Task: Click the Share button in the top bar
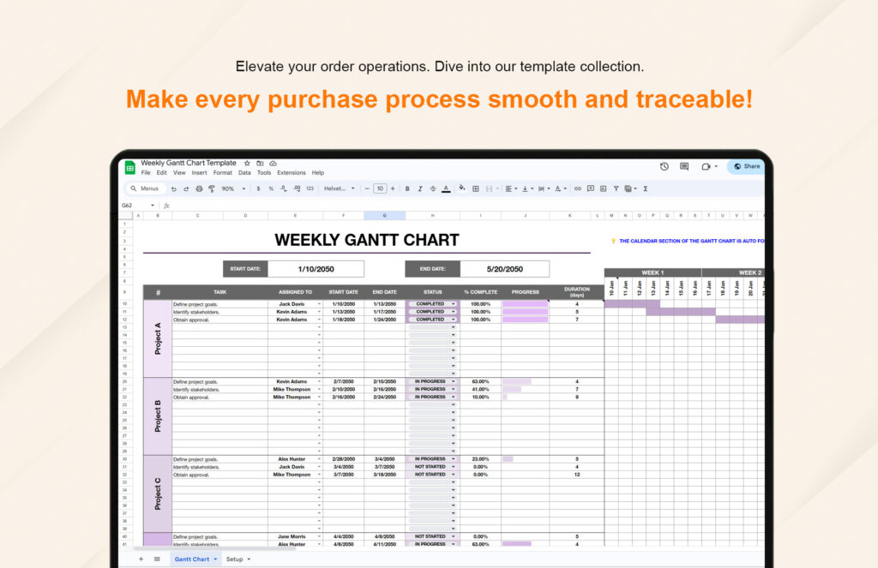[x=746, y=166]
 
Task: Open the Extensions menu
[x=292, y=173]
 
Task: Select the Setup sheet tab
[x=234, y=559]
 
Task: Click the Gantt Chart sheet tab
[x=192, y=559]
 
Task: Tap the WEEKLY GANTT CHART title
[x=366, y=241]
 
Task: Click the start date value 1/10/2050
[x=316, y=269]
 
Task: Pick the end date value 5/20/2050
[x=504, y=269]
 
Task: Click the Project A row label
[x=158, y=338]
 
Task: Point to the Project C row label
[x=158, y=493]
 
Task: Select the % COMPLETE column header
[x=480, y=292]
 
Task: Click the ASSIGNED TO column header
[x=295, y=292]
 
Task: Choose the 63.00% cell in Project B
[x=480, y=381]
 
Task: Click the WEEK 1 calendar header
[x=652, y=272]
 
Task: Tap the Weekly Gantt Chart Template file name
[x=189, y=163]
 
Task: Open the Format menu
[x=222, y=173]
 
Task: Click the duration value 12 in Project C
[x=577, y=475]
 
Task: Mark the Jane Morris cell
[x=292, y=536]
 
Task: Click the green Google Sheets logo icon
[x=130, y=167]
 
